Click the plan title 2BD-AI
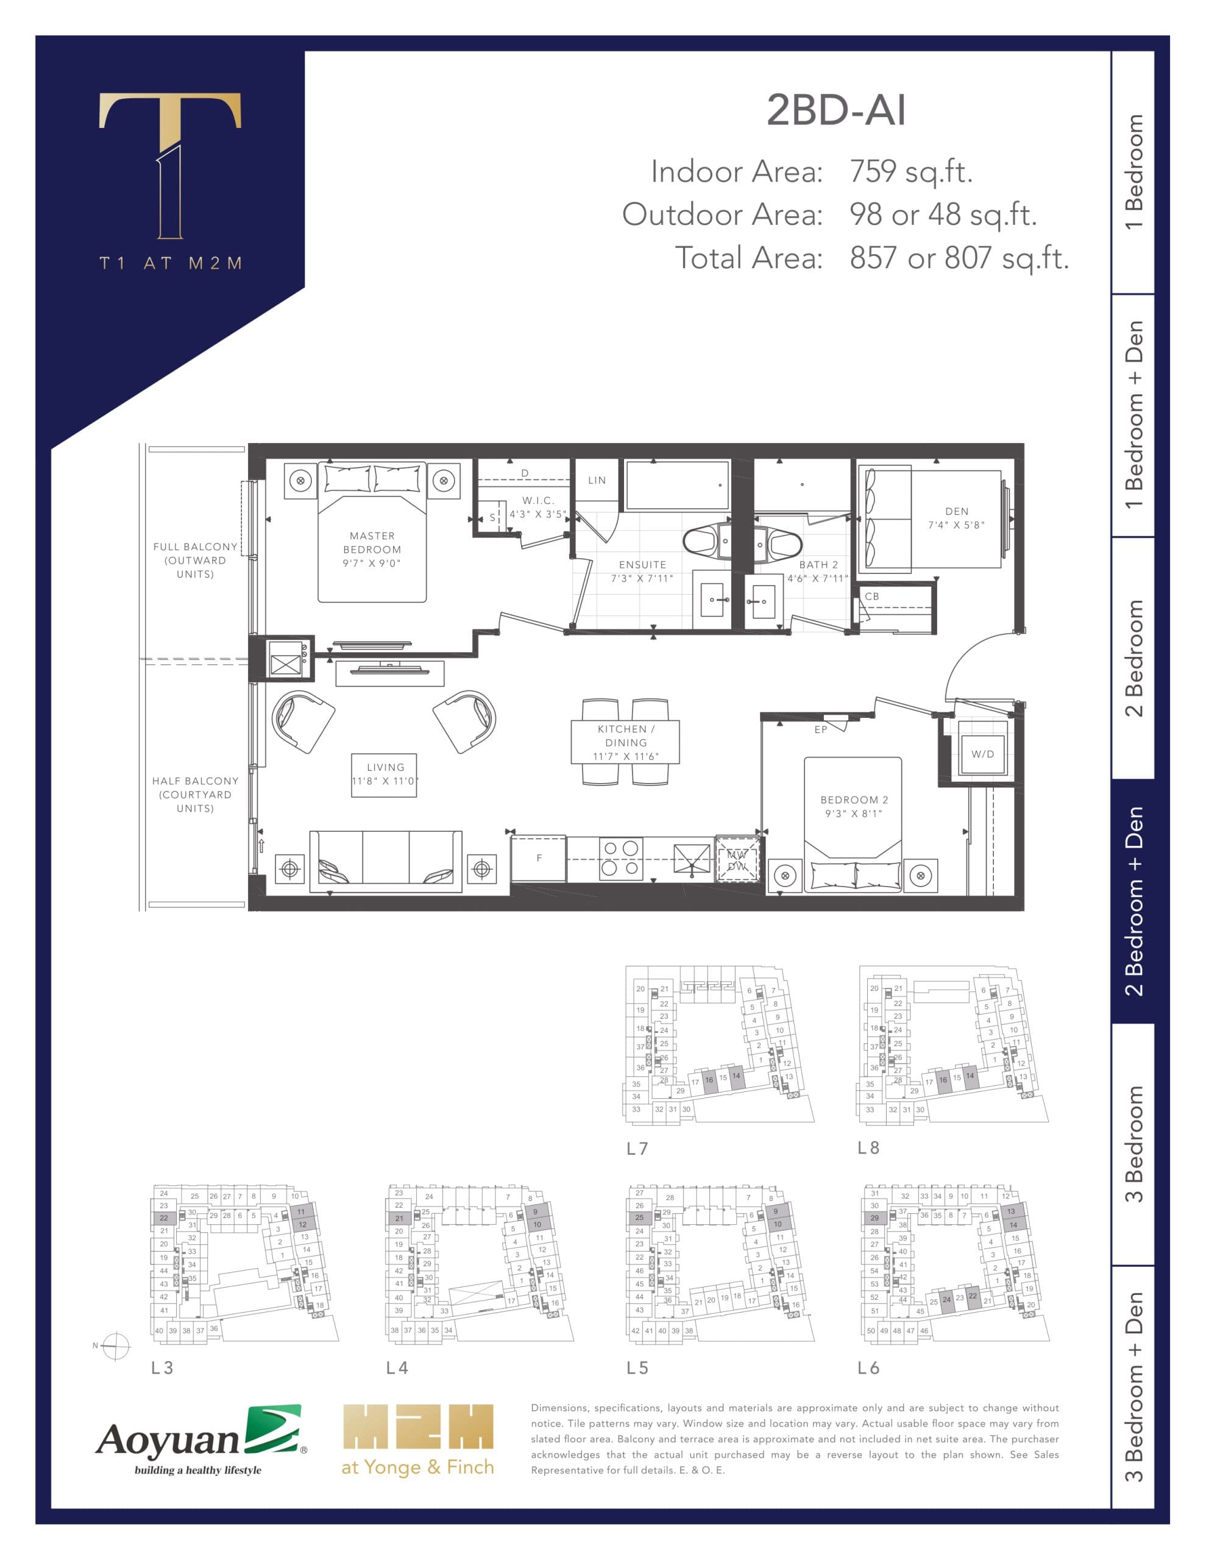pyautogui.click(x=836, y=111)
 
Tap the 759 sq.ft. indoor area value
pyautogui.click(x=910, y=171)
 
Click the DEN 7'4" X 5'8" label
pyautogui.click(x=956, y=518)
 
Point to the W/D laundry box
pyautogui.click(x=982, y=754)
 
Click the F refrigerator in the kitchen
pyautogui.click(x=539, y=858)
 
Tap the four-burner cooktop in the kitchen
pyautogui.click(x=620, y=858)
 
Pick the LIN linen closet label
pyautogui.click(x=597, y=480)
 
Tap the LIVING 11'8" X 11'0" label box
pyautogui.click(x=385, y=775)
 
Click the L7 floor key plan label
pyautogui.click(x=637, y=1149)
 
